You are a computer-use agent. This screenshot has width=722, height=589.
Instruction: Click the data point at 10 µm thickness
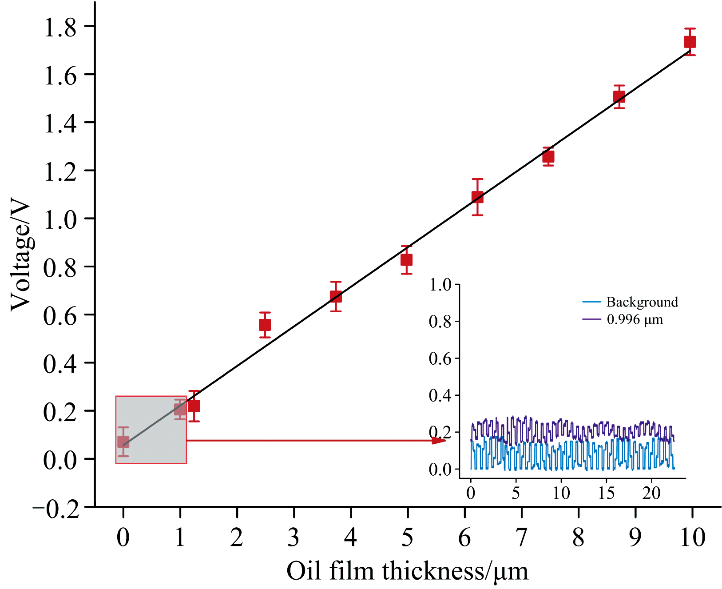click(690, 42)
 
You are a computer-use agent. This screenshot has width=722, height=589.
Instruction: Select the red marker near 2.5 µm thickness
click(265, 325)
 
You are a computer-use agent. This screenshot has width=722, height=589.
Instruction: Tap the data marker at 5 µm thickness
click(406, 260)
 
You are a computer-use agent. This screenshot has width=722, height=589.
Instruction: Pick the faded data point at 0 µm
click(123, 442)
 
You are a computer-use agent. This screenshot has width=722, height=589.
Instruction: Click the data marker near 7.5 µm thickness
click(548, 157)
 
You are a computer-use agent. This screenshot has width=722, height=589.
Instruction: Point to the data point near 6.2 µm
click(477, 197)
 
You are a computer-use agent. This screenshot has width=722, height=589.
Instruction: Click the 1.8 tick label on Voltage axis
click(60, 28)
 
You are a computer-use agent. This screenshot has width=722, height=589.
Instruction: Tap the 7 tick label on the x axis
click(521, 537)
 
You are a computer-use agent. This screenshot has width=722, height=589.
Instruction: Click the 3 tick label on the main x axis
click(294, 537)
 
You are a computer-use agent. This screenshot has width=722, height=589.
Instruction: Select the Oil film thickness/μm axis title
click(407, 571)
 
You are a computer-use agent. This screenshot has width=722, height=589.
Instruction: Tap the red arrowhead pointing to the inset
click(439, 440)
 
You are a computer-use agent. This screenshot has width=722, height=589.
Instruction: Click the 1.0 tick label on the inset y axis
click(440, 285)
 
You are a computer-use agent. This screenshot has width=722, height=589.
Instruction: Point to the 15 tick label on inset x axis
click(606, 493)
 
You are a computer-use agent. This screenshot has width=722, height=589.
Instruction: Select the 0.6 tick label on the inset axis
click(440, 358)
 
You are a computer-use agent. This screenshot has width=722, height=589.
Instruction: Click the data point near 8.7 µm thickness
click(619, 97)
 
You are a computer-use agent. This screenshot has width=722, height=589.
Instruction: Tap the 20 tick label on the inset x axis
click(651, 493)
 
